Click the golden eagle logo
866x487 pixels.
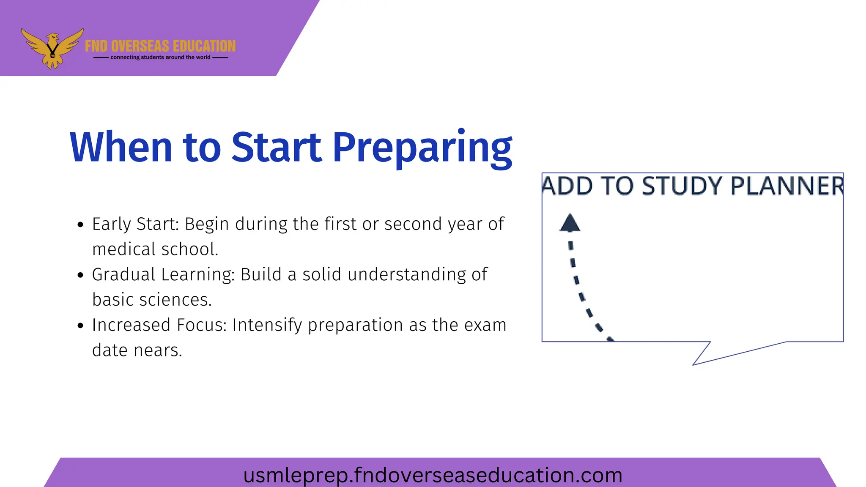coord(52,47)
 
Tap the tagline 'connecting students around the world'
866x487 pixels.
coord(160,57)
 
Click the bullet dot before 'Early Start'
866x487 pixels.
coord(81,224)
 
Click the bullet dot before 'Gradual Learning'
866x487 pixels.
coord(81,275)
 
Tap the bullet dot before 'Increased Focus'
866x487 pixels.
coord(81,326)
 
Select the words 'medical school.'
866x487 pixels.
coord(155,249)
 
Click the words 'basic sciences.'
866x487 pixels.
coord(152,300)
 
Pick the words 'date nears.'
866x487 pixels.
coord(137,350)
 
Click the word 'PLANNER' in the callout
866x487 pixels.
coord(787,186)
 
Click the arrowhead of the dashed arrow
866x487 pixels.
coord(570,223)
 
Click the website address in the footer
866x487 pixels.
coord(433,475)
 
